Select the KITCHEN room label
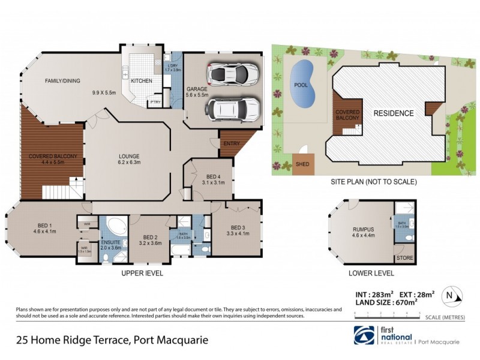pyautogui.click(x=142, y=80)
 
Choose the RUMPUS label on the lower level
pyautogui.click(x=362, y=229)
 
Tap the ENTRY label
pyautogui.click(x=231, y=144)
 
